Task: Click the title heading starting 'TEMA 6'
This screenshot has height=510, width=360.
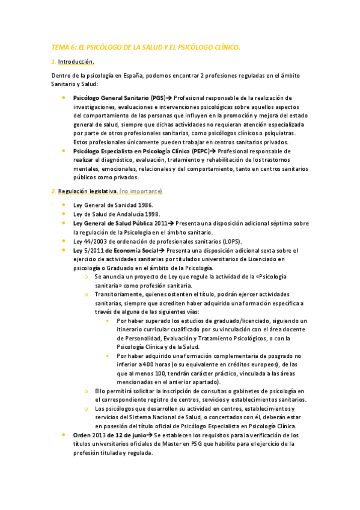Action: (145, 46)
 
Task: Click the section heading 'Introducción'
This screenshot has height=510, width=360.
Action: (76, 62)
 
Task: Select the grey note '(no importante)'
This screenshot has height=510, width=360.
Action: (141, 191)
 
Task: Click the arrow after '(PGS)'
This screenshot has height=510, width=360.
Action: (169, 97)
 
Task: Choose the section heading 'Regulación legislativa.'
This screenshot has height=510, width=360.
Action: (88, 191)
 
